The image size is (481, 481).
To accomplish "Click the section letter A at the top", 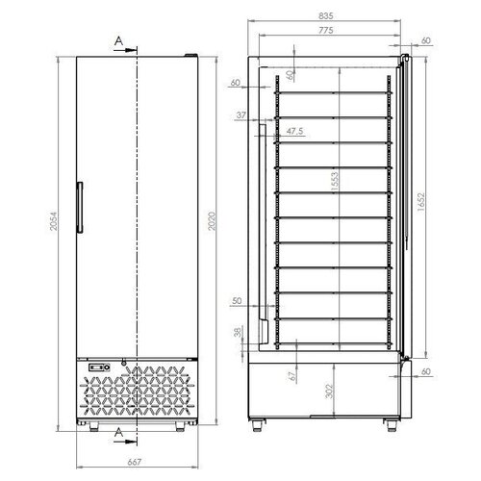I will coord(118,40).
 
